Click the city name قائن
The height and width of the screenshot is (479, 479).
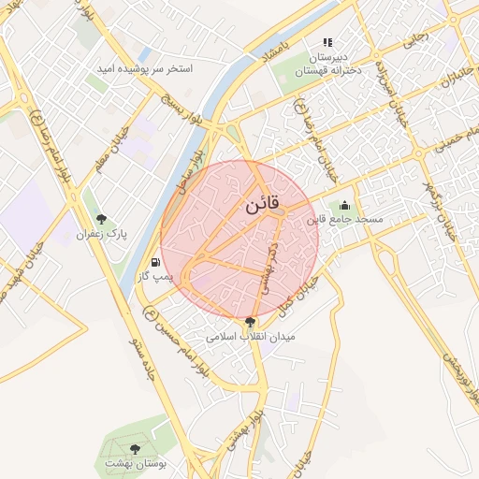(x=262, y=207)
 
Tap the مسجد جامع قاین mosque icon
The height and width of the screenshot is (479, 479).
(x=344, y=205)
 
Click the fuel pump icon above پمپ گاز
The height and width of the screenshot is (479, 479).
(x=154, y=263)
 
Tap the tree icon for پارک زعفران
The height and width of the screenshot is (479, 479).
(x=101, y=220)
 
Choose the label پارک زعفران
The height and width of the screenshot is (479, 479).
(x=101, y=233)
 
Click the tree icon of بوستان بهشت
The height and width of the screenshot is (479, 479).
(x=136, y=449)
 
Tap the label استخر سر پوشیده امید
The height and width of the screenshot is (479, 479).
(x=146, y=69)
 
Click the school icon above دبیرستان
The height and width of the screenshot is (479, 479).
(x=327, y=42)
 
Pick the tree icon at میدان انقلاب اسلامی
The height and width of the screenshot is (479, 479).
(x=248, y=322)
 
